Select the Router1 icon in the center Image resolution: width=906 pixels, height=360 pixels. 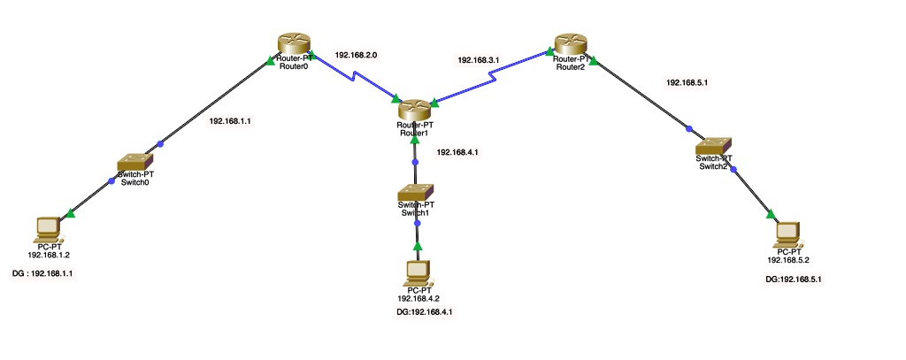click(x=413, y=110)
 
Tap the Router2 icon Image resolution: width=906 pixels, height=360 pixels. click(x=572, y=43)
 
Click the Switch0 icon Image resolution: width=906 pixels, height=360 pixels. click(x=136, y=162)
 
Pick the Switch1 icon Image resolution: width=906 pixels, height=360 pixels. click(x=414, y=192)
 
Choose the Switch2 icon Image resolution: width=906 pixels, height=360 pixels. click(x=712, y=146)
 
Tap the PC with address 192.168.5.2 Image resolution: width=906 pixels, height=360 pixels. click(x=787, y=234)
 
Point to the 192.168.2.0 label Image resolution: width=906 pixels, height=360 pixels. click(x=357, y=55)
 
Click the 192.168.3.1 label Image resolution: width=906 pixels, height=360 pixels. click(x=479, y=60)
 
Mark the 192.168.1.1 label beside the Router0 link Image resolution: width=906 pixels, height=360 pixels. click(x=230, y=120)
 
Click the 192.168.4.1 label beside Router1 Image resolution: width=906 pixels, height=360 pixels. click(x=458, y=152)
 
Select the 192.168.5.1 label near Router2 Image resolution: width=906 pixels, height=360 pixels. click(x=687, y=83)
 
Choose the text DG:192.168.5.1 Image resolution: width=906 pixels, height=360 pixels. click(x=799, y=279)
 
